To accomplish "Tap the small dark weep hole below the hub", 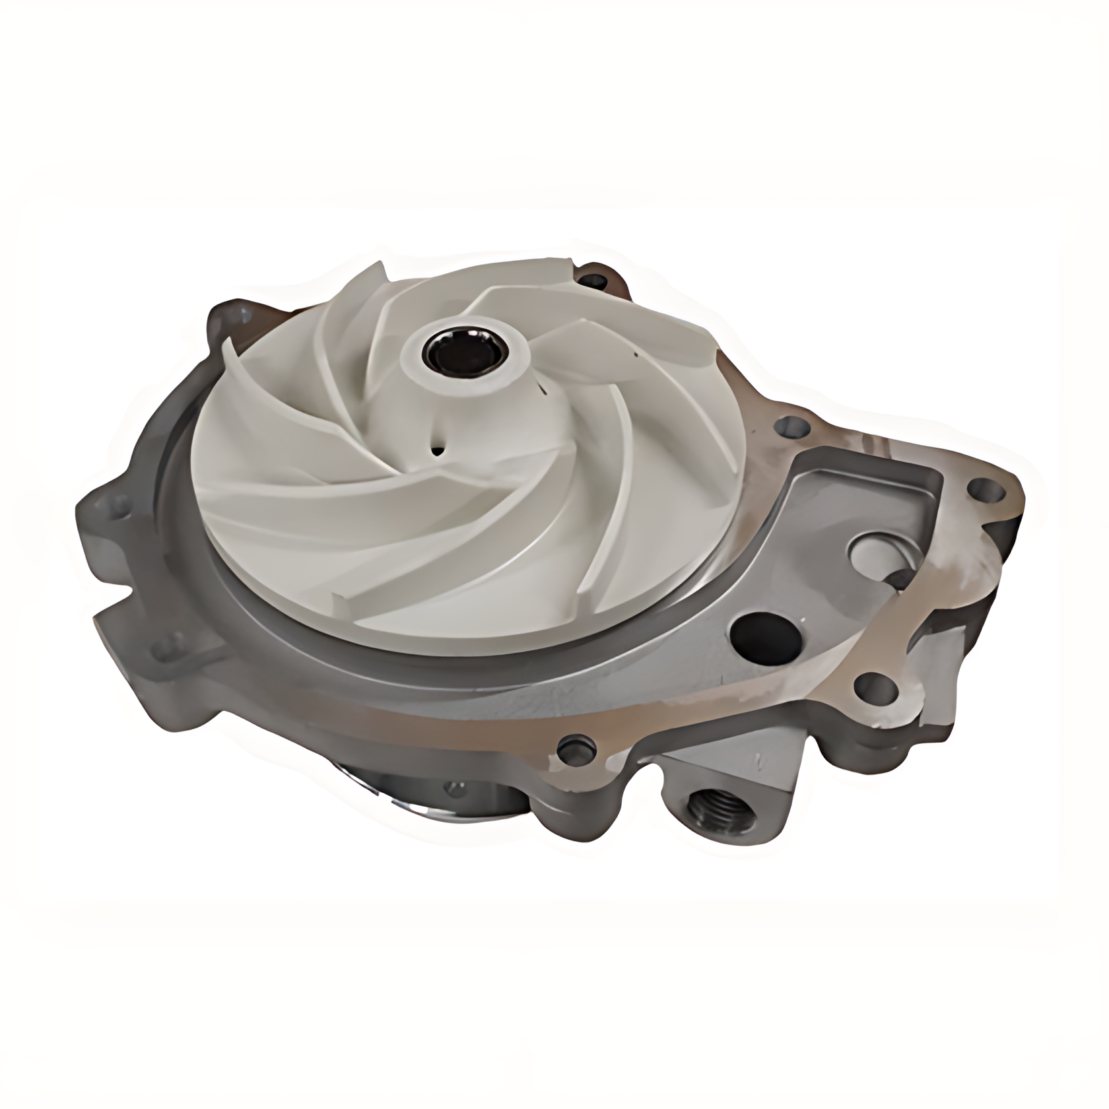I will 436,451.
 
